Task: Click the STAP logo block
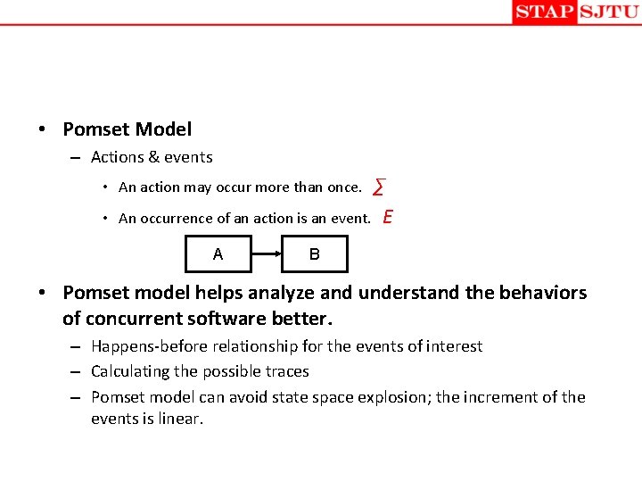(544, 12)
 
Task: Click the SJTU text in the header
(608, 12)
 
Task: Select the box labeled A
(218, 253)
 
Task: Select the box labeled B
(315, 253)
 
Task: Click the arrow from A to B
(267, 253)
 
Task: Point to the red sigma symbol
(379, 187)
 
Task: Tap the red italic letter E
(388, 217)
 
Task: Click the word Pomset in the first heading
(95, 129)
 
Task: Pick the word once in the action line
(343, 187)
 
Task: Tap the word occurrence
(177, 219)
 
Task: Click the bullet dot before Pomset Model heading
(42, 130)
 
